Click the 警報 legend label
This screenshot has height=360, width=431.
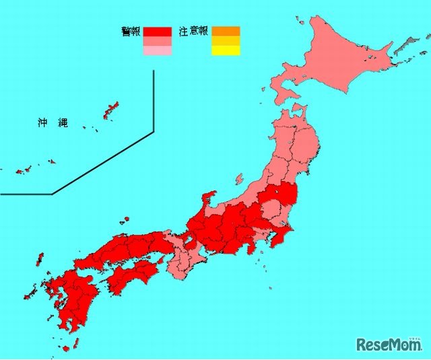pos(131,31)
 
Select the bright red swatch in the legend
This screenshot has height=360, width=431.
pos(157,31)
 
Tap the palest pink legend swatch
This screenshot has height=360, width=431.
pos(157,50)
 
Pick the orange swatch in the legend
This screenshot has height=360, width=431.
pos(226,31)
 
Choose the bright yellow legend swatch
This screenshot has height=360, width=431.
pos(226,50)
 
